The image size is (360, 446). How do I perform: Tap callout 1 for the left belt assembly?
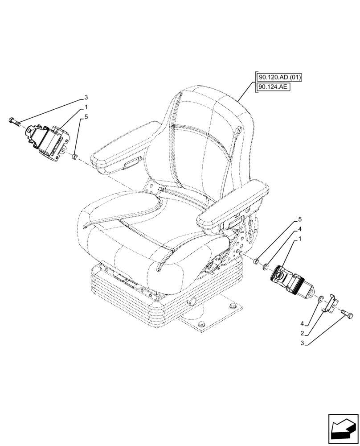[86, 107]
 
